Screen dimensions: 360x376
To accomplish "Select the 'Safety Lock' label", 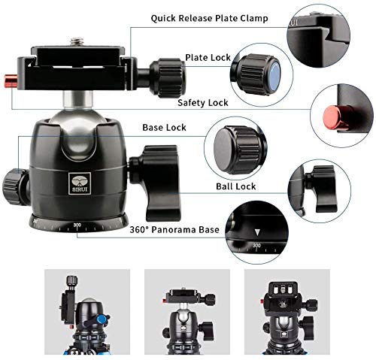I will click(x=202, y=101).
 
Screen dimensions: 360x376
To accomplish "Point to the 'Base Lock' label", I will click(x=165, y=127).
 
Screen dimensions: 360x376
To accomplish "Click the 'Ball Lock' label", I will click(x=235, y=186).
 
